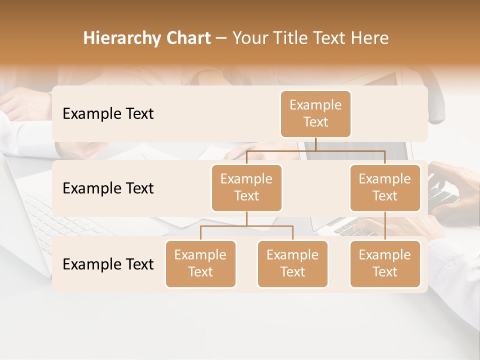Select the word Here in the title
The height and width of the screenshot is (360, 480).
tap(369, 38)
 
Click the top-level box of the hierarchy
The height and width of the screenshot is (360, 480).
tap(315, 114)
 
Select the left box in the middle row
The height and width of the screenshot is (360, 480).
tap(246, 187)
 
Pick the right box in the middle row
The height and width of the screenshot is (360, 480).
tap(385, 187)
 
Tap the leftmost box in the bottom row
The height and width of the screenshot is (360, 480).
tap(200, 263)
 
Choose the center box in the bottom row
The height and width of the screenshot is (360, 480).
tap(292, 263)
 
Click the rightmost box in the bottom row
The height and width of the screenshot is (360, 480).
tap(385, 263)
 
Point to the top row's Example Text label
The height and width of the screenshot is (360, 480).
tap(108, 114)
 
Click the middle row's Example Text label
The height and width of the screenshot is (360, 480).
tap(108, 188)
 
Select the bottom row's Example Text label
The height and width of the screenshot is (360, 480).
tap(108, 264)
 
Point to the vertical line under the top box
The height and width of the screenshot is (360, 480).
tap(315, 144)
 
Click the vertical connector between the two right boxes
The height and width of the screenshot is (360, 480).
tap(385, 226)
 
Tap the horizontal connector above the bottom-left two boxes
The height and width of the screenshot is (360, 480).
tap(246, 226)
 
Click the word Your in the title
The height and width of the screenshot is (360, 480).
tap(248, 38)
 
